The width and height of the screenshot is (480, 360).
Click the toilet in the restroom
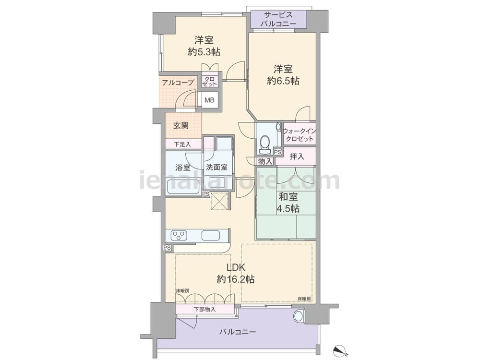[264, 144]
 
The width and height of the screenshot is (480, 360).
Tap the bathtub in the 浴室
[183, 188]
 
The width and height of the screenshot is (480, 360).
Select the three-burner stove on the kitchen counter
[179, 236]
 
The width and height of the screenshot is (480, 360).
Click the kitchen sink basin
[210, 236]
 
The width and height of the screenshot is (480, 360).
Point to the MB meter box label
[209, 100]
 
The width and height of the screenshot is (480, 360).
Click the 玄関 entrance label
[181, 125]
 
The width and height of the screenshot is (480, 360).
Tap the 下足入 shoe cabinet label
[182, 144]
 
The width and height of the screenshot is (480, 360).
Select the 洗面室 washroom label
[217, 168]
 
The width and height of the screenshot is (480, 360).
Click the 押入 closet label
[297, 156]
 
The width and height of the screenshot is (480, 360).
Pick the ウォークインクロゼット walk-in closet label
[299, 135]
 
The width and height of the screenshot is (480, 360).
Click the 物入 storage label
[265, 161]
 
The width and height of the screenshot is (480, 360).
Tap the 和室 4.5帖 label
[288, 203]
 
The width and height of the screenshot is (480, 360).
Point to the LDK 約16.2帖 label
[236, 273]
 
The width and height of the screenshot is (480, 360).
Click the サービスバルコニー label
[278, 19]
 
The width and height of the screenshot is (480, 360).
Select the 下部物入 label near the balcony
[204, 310]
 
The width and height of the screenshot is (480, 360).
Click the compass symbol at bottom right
[339, 349]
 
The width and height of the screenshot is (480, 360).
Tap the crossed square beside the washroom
[219, 201]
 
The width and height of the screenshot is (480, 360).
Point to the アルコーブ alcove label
[178, 83]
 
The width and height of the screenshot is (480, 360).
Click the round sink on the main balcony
[298, 316]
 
